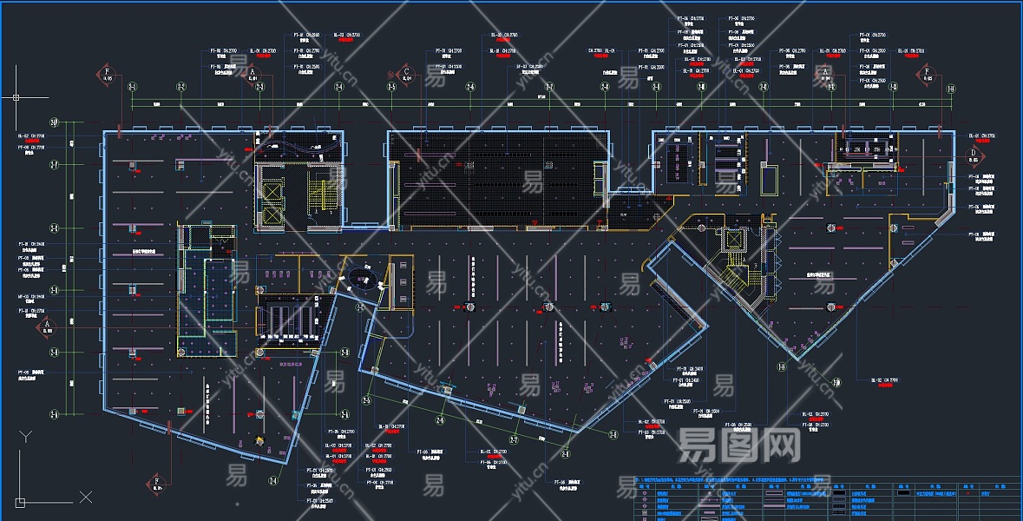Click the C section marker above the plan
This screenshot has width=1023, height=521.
coord(405,74)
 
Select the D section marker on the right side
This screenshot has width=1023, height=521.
coord(973,155)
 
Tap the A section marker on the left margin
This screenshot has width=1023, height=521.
coord(47,326)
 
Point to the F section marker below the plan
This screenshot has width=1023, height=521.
coord(157,483)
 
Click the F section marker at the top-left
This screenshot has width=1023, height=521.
coord(107,74)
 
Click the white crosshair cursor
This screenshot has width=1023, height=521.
coord(16,97)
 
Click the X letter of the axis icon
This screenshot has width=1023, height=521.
coord(85,497)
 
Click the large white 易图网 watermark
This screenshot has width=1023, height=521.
coord(738,445)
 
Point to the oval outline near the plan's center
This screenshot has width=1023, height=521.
coord(363,279)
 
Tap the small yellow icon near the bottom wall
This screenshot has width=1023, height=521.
coord(258,440)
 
